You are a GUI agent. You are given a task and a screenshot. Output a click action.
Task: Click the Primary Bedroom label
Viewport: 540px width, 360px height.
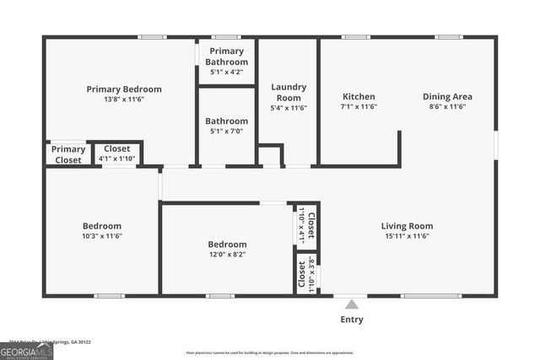pyautogui.click(x=124, y=89)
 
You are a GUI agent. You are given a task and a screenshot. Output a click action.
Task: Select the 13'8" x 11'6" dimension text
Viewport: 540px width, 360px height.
pyautogui.click(x=124, y=100)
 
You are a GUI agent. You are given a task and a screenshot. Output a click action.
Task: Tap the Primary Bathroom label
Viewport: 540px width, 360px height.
pyautogui.click(x=227, y=56)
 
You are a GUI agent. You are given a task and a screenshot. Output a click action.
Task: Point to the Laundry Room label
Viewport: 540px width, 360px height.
pyautogui.click(x=289, y=92)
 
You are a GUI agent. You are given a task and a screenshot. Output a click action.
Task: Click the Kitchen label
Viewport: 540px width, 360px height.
pyautogui.click(x=359, y=96)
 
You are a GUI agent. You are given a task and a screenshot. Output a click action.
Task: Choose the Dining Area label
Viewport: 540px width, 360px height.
pyautogui.click(x=447, y=96)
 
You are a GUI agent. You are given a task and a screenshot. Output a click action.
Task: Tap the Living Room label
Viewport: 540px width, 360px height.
pyautogui.click(x=407, y=225)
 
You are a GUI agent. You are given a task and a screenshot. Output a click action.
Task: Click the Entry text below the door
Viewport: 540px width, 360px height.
pyautogui.click(x=352, y=320)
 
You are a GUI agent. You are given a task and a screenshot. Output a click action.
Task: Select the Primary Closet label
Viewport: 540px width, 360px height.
pyautogui.click(x=67, y=154)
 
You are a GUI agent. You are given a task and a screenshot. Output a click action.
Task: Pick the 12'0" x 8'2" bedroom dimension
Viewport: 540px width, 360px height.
pyautogui.click(x=227, y=255)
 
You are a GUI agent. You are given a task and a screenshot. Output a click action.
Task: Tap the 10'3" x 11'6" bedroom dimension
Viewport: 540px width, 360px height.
pyautogui.click(x=101, y=236)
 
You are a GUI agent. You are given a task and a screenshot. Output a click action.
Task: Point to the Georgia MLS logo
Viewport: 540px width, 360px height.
pyautogui.click(x=26, y=352)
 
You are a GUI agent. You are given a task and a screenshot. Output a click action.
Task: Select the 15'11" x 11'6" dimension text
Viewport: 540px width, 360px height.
pyautogui.click(x=407, y=236)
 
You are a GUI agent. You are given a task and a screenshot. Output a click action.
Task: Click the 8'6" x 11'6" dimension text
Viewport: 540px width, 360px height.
pyautogui.click(x=447, y=107)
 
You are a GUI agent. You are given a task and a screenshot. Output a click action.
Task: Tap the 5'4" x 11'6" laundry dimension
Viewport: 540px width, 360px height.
pyautogui.click(x=289, y=108)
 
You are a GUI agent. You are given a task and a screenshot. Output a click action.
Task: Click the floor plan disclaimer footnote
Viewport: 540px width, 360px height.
pyautogui.click(x=270, y=353)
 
